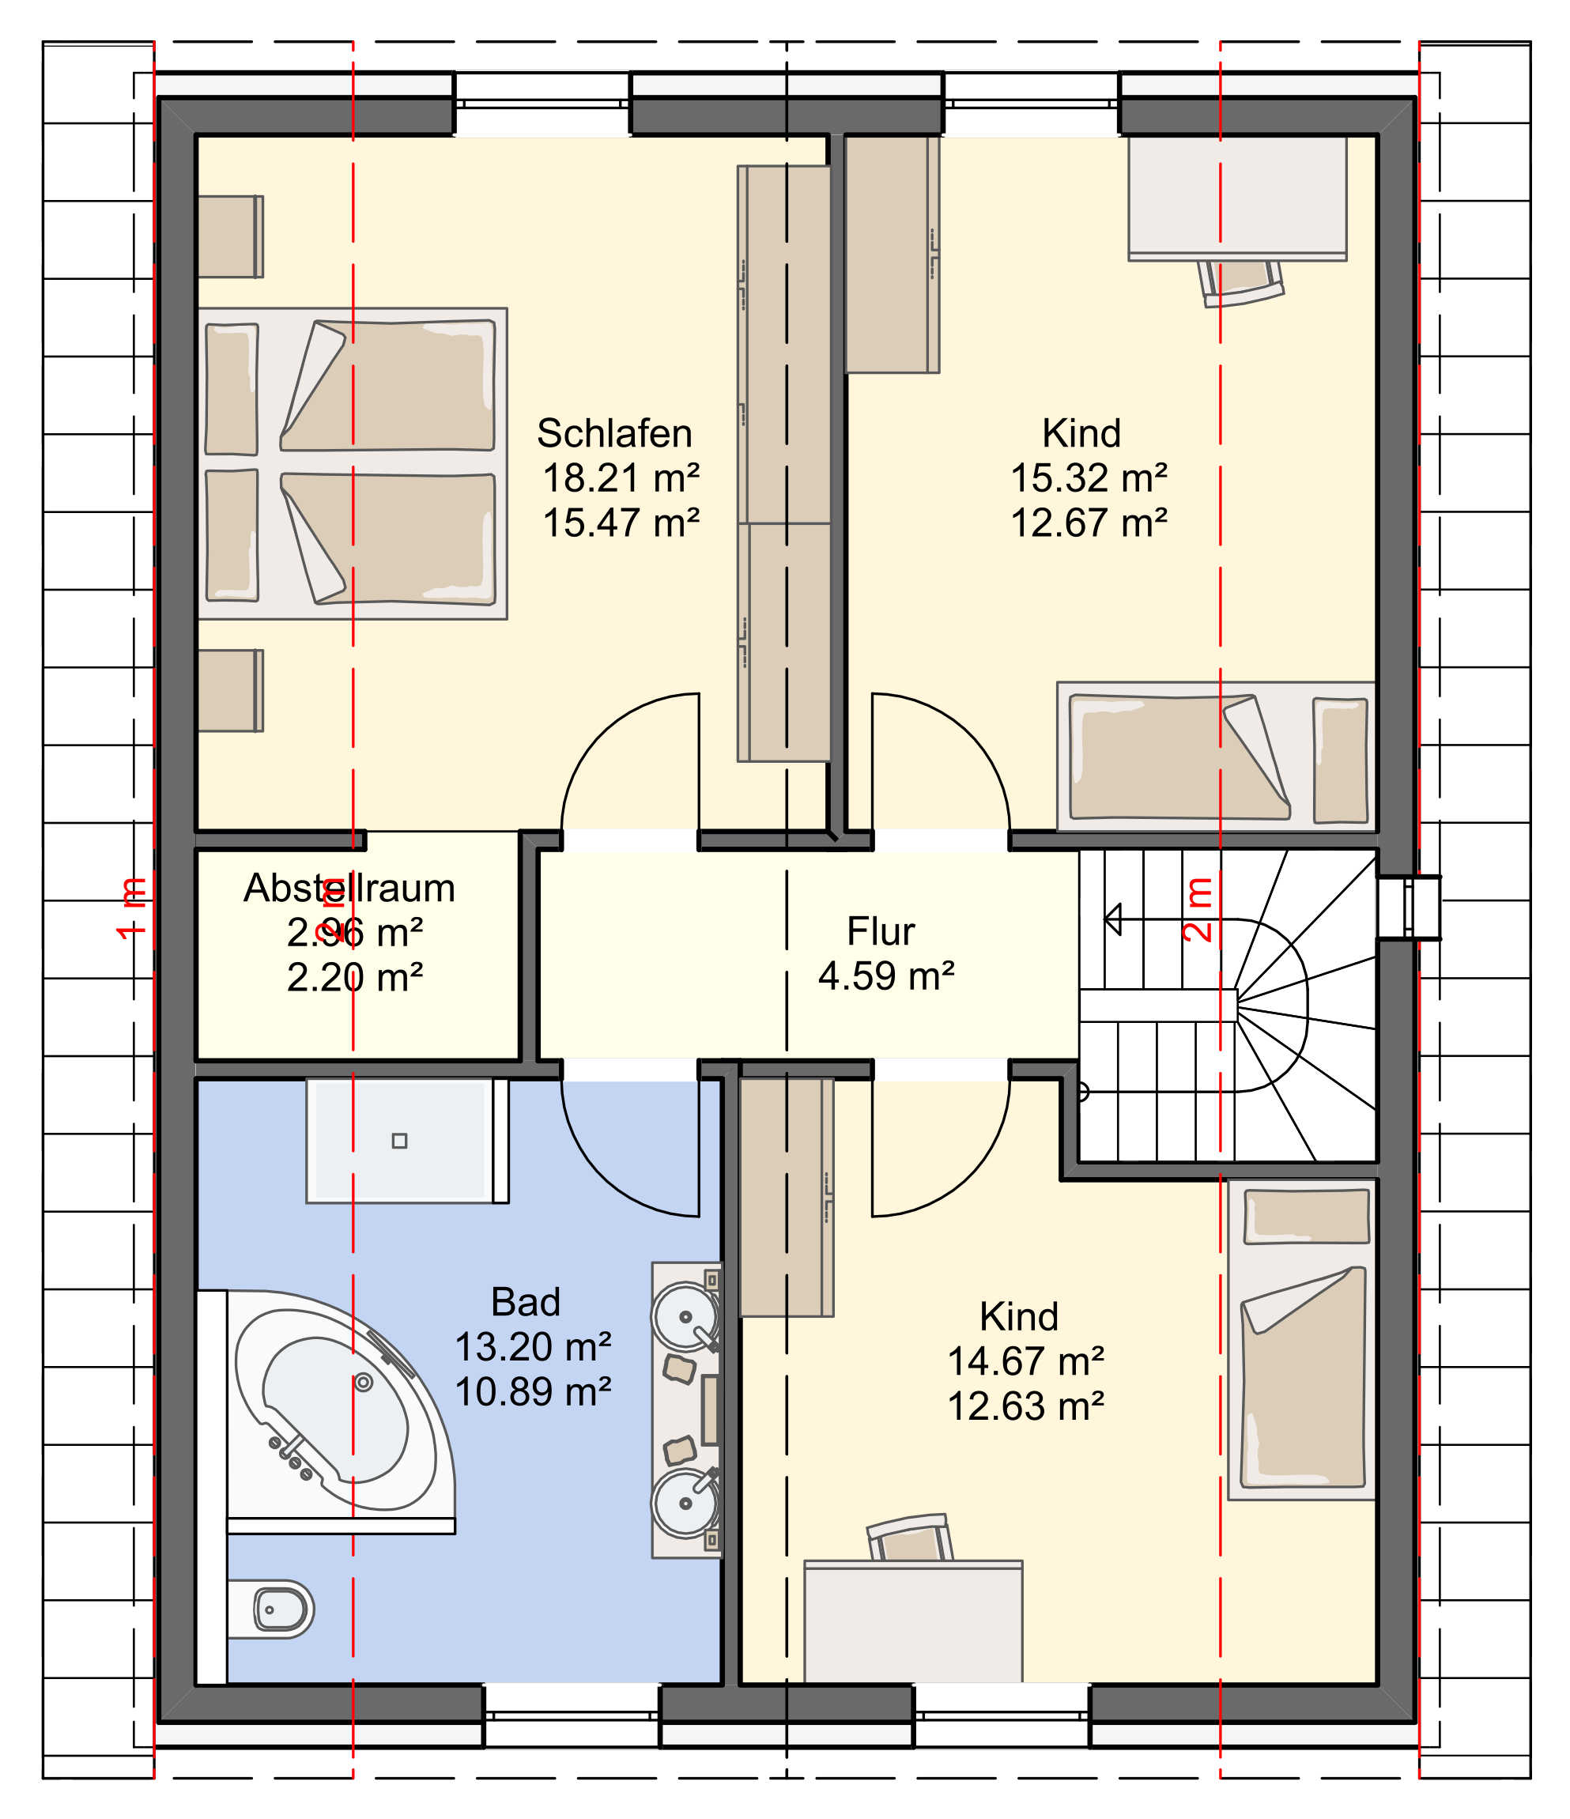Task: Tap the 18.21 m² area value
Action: [x=621, y=478]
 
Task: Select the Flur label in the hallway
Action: [x=880, y=931]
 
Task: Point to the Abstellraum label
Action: [x=349, y=889]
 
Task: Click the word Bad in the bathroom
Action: [x=525, y=1302]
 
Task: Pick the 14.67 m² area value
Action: [x=1025, y=1361]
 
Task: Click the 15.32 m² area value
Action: [x=1089, y=478]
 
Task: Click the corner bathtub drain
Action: [x=364, y=1383]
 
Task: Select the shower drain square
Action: [x=399, y=1142]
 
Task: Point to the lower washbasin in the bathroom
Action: [x=685, y=1503]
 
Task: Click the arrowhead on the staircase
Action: [x=1112, y=920]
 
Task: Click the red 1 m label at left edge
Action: [x=132, y=908]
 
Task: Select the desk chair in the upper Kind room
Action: [x=1240, y=283]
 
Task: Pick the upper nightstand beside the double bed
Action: [x=230, y=236]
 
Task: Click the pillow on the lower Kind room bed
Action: [x=1307, y=1217]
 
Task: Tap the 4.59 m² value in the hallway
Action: [x=886, y=976]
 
